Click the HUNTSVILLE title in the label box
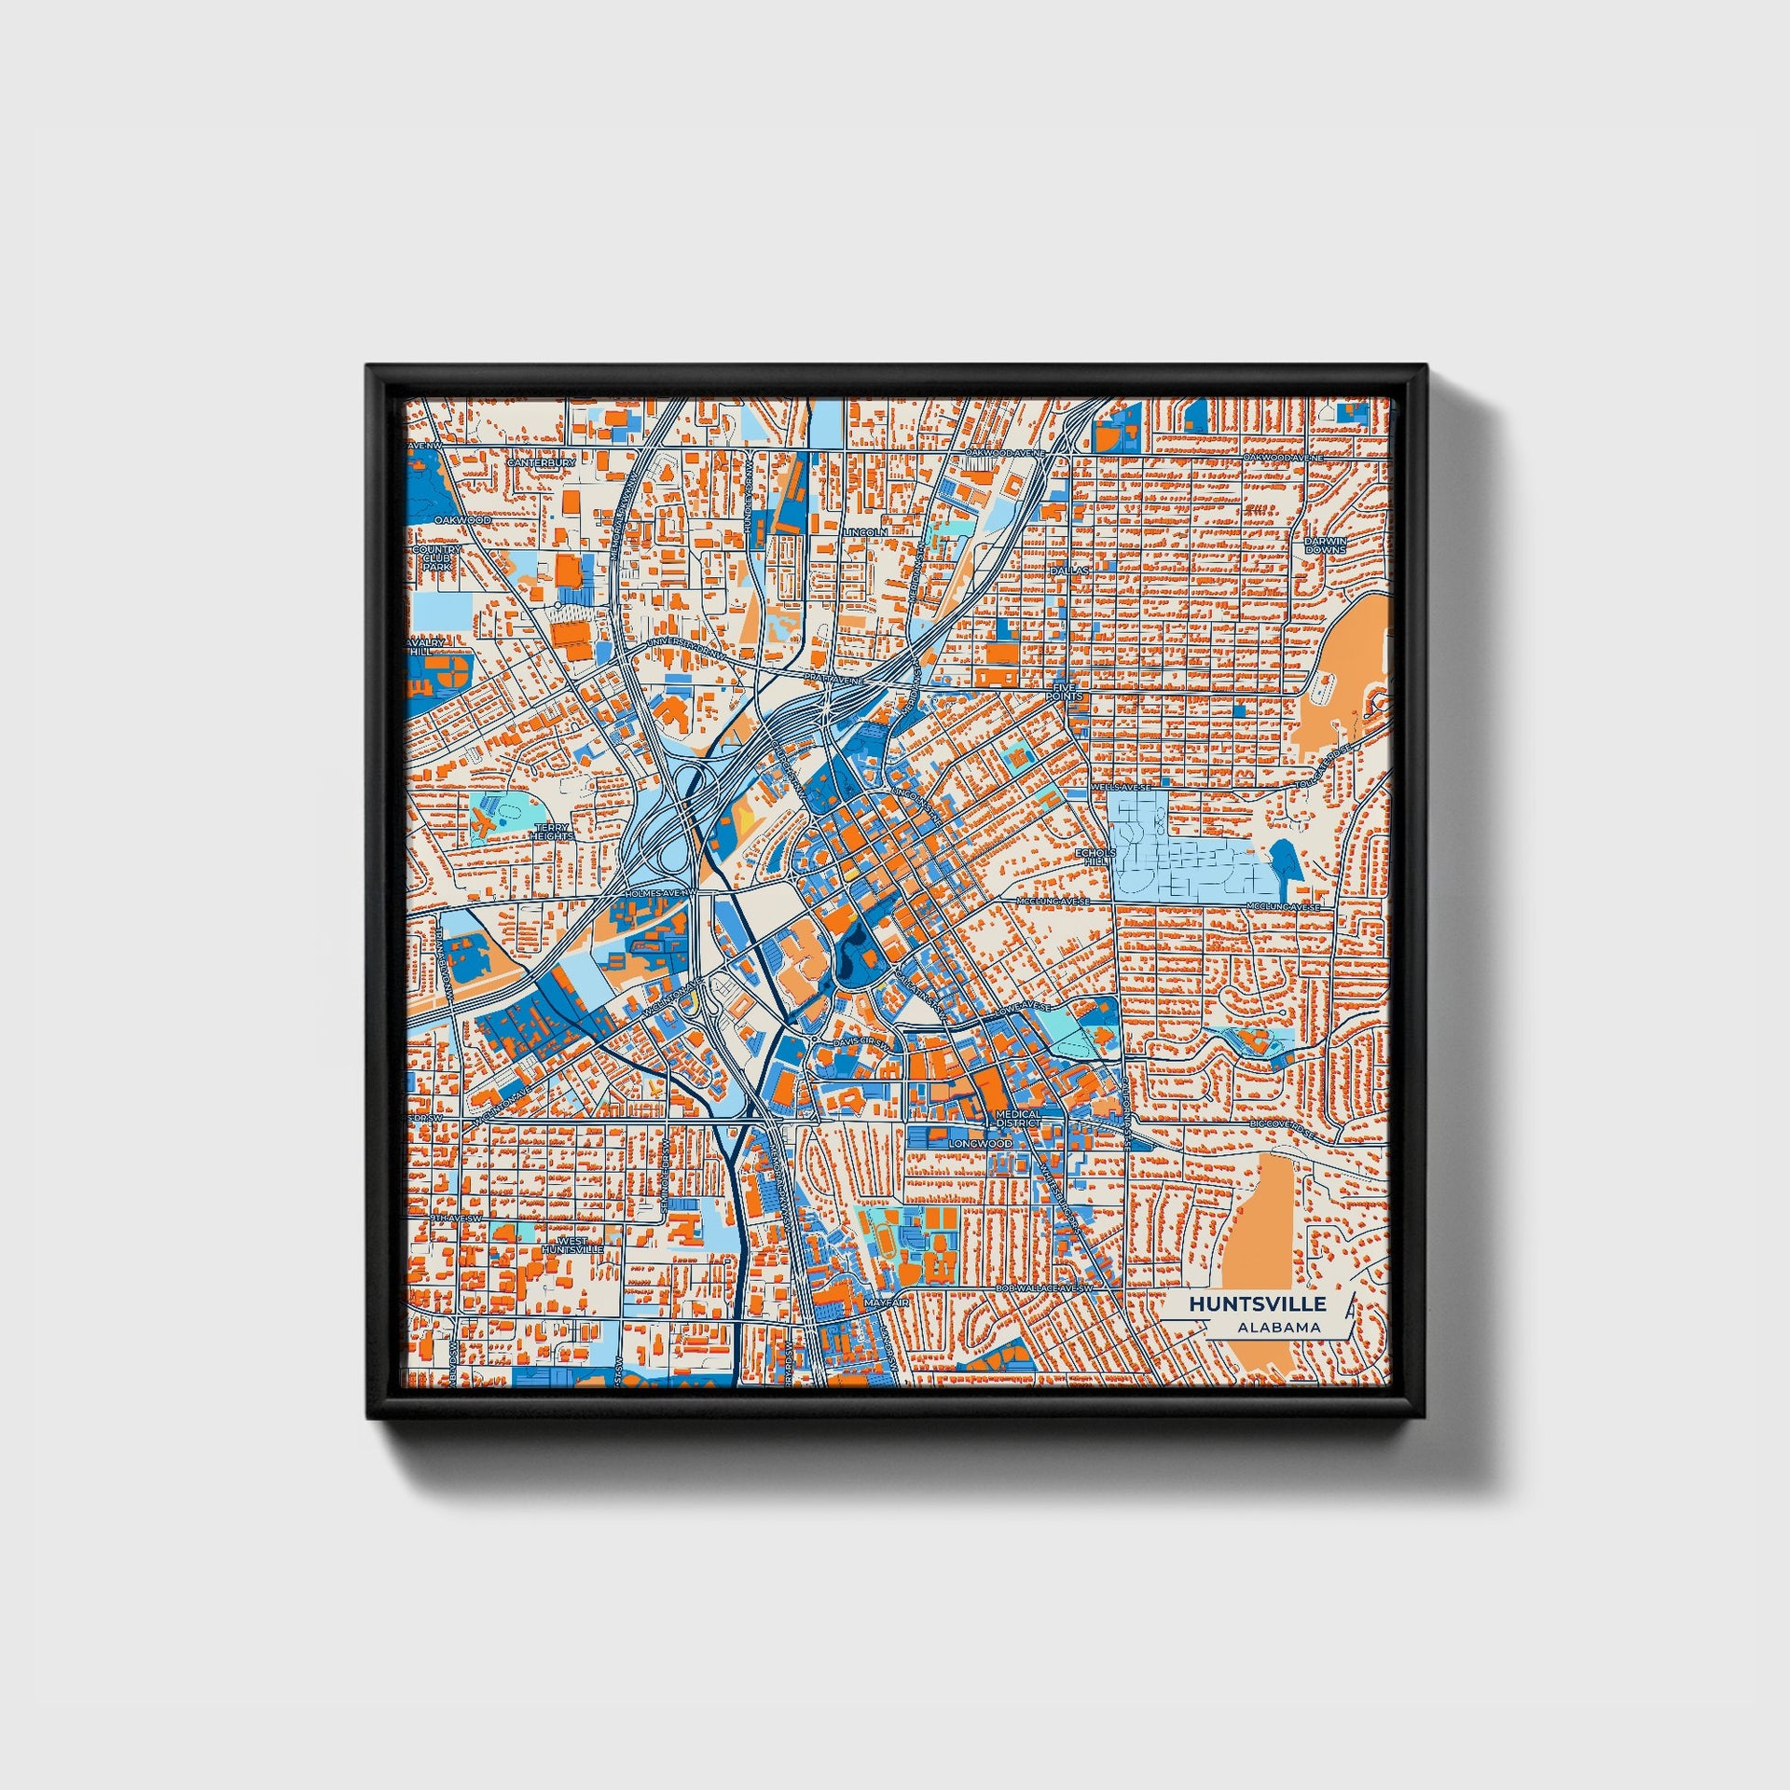pos(1256,1303)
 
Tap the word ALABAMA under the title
pos(1278,1327)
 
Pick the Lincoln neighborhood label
pos(865,531)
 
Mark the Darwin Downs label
pos(1325,544)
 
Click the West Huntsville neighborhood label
pos(572,1244)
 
